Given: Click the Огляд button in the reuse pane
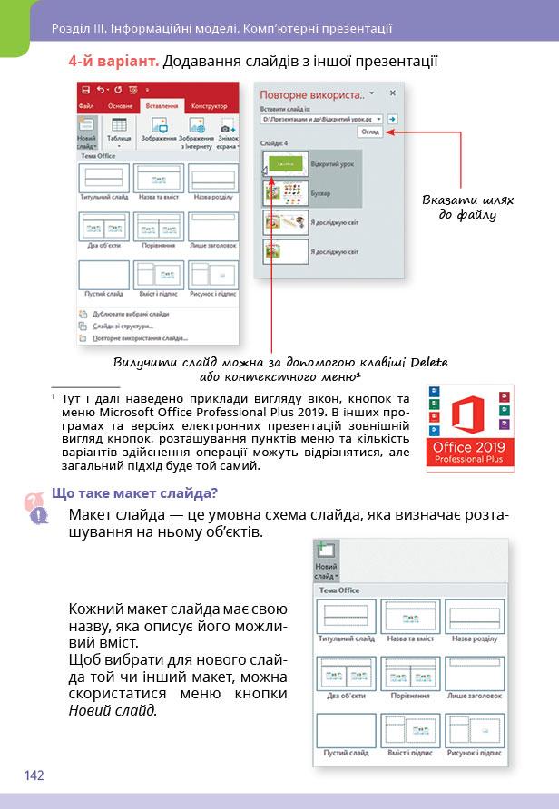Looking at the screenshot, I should click(x=369, y=131).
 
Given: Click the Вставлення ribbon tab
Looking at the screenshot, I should click(x=162, y=106).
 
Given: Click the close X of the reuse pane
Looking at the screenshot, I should click(x=393, y=93).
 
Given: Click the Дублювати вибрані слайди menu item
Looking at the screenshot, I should click(x=130, y=314).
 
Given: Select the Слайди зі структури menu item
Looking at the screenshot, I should click(x=122, y=326).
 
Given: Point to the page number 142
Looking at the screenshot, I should click(x=34, y=775).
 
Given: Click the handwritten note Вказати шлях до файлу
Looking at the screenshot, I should click(x=468, y=207).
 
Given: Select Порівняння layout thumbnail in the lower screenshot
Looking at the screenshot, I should click(x=410, y=676).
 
